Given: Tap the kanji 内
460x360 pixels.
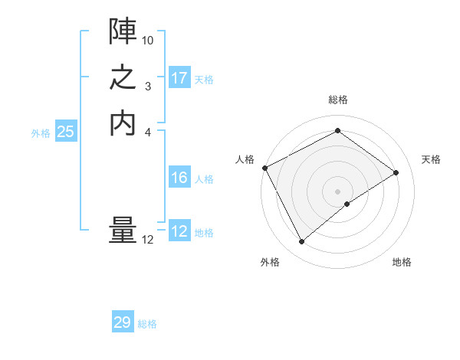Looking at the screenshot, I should click(x=123, y=123).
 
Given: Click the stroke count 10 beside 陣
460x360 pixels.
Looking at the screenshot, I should click(x=148, y=40).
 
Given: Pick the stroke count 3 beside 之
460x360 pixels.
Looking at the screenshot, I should click(x=148, y=87).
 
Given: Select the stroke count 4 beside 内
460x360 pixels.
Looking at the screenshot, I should click(x=148, y=132).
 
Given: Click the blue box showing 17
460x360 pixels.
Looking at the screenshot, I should click(x=179, y=78).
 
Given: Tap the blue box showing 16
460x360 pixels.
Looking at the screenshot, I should click(x=179, y=178).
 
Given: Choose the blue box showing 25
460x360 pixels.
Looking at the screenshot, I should click(x=66, y=132).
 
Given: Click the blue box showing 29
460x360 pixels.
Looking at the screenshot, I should click(x=123, y=322).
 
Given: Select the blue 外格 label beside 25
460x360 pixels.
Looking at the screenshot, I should click(x=41, y=133).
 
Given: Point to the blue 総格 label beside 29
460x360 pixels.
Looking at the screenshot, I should click(x=147, y=324).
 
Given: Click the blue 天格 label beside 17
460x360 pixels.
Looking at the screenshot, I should click(x=204, y=80).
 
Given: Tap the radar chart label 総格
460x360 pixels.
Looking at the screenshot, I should click(x=338, y=100).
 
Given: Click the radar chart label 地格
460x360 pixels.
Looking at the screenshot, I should click(x=402, y=263).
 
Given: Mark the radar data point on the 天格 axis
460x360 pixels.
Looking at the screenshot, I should click(x=396, y=172).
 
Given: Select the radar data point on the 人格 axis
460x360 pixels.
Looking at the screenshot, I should click(x=264, y=168).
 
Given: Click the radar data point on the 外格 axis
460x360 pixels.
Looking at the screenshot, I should click(x=301, y=242).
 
